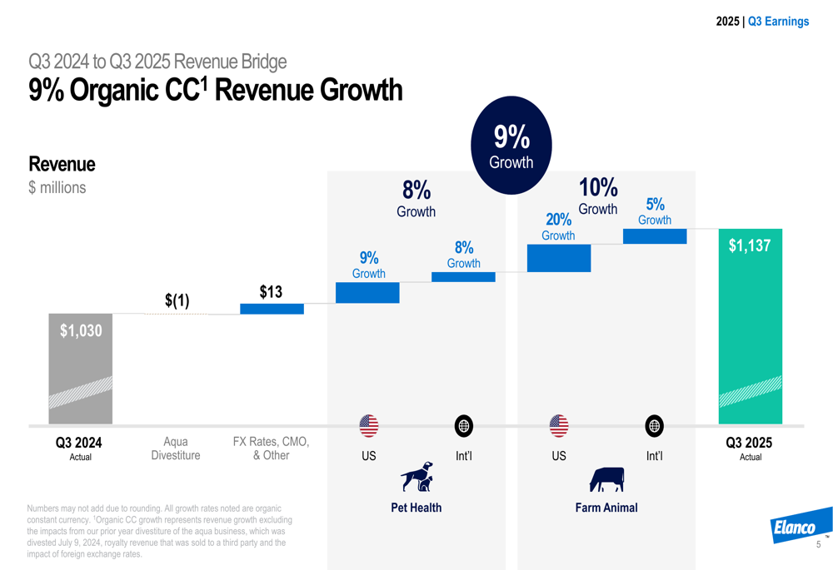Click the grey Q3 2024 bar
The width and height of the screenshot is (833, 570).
pos(80,369)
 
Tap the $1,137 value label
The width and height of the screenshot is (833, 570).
pos(750,246)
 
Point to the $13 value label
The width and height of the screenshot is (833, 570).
pos(271,292)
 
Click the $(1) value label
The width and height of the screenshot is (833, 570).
pos(177,300)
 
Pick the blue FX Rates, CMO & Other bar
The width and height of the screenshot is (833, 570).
pos(272,309)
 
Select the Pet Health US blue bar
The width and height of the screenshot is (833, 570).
pos(367,293)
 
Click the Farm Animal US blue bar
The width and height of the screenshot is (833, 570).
pos(558,258)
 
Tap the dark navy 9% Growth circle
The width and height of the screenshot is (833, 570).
pos(511,146)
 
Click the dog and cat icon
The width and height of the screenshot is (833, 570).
pos(416,478)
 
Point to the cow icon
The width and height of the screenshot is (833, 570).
pos(606,479)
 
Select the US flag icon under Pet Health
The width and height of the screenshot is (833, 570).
pos(368,426)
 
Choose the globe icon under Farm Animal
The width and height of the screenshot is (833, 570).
pos(655,426)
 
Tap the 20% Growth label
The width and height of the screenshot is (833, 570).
pos(558,226)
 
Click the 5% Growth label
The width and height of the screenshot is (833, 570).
pos(655,211)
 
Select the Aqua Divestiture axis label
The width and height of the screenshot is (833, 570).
pos(176,449)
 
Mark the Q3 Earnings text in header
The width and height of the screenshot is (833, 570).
pos(778,22)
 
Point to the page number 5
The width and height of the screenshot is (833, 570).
pos(818,545)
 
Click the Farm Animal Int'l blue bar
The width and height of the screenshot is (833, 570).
pos(655,236)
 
